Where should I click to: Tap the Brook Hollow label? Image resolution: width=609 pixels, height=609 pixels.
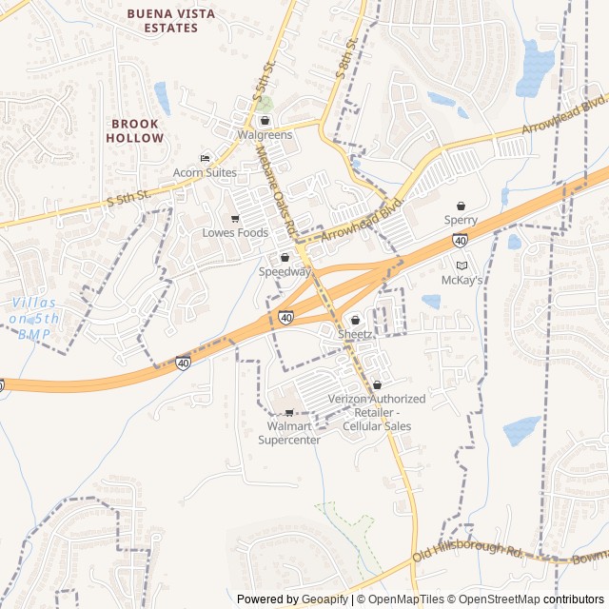tap(137, 130)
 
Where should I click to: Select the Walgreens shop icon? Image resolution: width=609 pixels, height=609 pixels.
tap(265, 121)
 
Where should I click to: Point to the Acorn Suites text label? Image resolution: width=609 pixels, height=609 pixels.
tap(204, 172)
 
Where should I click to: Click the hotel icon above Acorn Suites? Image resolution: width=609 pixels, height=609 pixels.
tap(204, 158)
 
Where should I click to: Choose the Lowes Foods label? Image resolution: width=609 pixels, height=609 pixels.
tap(235, 232)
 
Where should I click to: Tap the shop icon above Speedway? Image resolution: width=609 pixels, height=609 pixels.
tap(285, 258)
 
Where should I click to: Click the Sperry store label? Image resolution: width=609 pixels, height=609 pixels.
tap(461, 220)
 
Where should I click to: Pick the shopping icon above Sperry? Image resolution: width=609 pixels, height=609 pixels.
tap(461, 206)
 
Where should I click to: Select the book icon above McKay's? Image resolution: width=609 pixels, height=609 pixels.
tap(462, 265)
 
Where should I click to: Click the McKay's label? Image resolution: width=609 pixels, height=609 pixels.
tap(462, 280)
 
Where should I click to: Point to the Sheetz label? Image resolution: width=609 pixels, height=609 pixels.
tap(355, 334)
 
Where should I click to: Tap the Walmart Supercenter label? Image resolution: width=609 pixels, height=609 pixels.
tap(289, 433)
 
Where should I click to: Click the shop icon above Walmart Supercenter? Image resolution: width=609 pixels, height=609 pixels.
tap(289, 413)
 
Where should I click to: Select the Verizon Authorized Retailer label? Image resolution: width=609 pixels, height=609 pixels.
tap(377, 412)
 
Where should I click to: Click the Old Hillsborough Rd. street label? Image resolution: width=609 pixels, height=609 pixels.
tap(469, 550)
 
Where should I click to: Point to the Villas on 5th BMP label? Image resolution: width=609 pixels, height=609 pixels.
tap(34, 318)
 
